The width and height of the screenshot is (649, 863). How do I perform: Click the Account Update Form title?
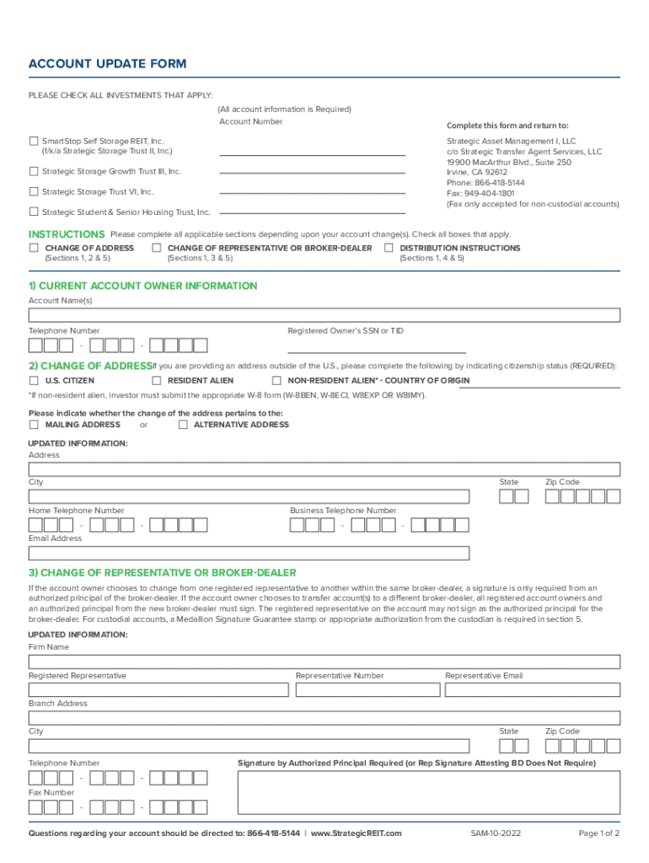[x=107, y=64]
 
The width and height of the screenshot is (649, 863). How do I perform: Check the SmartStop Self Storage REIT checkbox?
[x=34, y=141]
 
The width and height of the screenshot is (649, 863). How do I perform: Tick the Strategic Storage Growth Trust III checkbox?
[x=34, y=171]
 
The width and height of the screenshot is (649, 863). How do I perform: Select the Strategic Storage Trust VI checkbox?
[x=34, y=191]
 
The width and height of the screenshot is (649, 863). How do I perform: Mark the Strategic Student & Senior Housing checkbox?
[x=34, y=212]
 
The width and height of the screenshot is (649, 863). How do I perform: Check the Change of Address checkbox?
[x=34, y=248]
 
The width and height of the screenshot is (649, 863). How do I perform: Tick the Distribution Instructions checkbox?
[x=389, y=248]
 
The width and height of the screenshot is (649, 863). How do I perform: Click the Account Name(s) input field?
[x=324, y=315]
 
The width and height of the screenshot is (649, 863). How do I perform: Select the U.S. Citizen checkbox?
[x=34, y=380]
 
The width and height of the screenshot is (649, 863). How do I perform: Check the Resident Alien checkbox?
[x=156, y=380]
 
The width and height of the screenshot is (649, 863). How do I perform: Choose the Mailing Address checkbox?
[x=34, y=425]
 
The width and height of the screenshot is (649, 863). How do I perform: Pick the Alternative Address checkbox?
[x=183, y=425]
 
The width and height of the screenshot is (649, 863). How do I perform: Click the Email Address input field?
[x=249, y=553]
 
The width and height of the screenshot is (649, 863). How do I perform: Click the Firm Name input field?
[x=324, y=662]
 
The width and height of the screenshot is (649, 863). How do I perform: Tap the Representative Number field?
[x=365, y=690]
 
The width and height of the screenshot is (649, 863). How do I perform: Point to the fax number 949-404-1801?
[x=489, y=193]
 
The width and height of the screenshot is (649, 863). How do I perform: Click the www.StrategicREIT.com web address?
[x=357, y=834]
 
